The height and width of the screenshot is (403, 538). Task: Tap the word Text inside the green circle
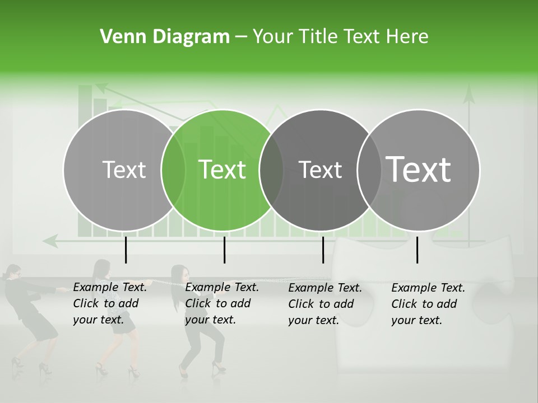[x=222, y=170]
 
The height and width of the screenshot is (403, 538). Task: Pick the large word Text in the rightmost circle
[x=419, y=170]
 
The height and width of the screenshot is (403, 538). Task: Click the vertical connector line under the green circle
[x=224, y=250]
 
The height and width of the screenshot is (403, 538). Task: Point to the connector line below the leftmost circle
[x=126, y=250]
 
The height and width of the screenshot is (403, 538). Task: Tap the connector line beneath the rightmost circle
[x=417, y=250]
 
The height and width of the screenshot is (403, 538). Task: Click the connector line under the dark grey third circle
[x=323, y=250]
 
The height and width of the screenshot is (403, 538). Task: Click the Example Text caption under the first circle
[x=109, y=303]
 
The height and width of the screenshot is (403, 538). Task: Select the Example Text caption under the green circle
[x=221, y=303]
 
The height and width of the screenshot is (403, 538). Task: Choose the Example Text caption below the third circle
[x=324, y=304]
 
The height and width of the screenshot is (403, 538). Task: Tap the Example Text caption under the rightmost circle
[x=428, y=304]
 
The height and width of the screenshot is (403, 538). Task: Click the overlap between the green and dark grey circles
[x=271, y=170]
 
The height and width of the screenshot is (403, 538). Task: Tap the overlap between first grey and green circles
[x=173, y=170]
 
